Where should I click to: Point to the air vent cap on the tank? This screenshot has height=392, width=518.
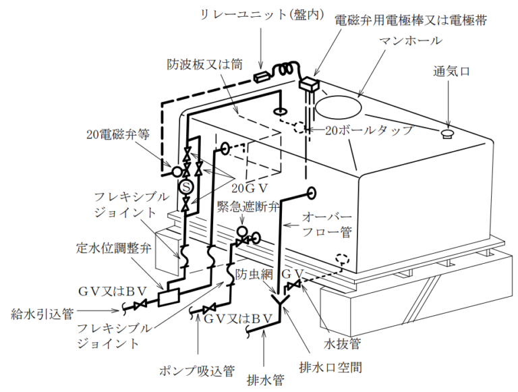446,133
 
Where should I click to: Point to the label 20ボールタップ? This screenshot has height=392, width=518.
368,130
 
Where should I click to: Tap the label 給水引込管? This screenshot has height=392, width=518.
47,314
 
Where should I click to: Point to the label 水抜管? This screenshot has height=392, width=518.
342,343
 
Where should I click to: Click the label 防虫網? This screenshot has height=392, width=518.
252,275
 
